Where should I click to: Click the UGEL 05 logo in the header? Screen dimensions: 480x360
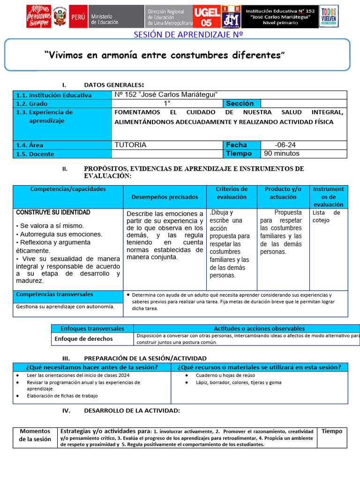pos(207,17)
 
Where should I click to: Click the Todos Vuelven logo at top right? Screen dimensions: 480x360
pos(329,16)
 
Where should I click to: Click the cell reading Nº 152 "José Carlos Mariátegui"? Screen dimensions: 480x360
pos(166,95)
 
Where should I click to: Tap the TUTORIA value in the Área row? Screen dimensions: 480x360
pos(130,145)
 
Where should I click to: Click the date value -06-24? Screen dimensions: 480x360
pos(285,145)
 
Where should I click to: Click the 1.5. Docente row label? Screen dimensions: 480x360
pos(35,154)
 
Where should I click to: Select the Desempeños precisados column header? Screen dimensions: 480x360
pos(165,197)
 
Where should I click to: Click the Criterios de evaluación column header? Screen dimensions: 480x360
pos(232,193)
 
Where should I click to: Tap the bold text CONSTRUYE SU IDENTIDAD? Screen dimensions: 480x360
pos(53,212)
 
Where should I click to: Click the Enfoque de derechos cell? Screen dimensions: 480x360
pos(84,338)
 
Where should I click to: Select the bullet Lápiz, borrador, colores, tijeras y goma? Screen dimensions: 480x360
pos(239,382)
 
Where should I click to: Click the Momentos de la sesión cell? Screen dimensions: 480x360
pos(35,435)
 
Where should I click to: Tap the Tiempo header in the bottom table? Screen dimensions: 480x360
pos(332,431)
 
